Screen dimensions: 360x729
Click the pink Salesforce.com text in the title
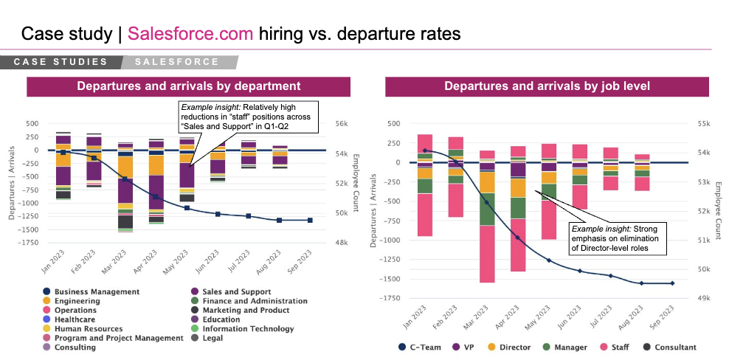click(x=190, y=34)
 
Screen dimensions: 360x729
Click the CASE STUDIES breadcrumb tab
click(x=61, y=62)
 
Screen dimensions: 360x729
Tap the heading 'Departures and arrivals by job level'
click(x=547, y=86)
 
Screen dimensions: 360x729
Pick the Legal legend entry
click(x=214, y=338)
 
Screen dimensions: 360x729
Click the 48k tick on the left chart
click(x=342, y=242)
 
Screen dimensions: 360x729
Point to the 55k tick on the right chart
click(x=704, y=124)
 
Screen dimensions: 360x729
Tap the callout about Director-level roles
click(x=618, y=238)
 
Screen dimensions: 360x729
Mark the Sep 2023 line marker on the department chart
click(x=310, y=220)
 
